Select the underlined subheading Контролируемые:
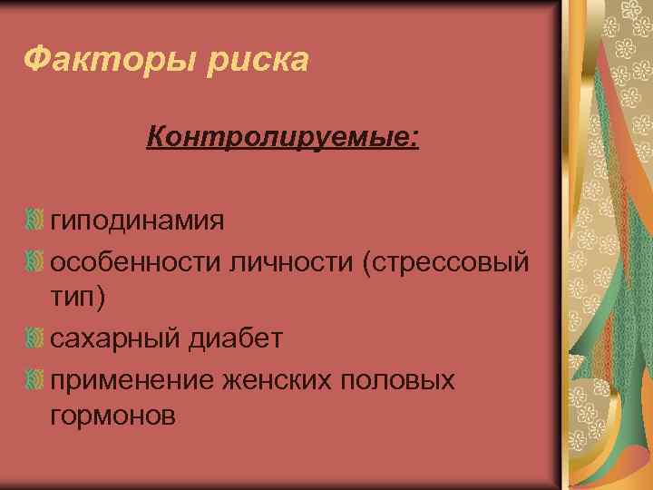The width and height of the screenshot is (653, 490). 282,139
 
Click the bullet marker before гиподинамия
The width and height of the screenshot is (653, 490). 34,220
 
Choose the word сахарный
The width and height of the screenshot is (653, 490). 119,338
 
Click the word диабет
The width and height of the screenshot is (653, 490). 238,338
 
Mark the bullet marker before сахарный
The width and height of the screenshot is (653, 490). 34,338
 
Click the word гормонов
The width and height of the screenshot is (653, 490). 113,416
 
